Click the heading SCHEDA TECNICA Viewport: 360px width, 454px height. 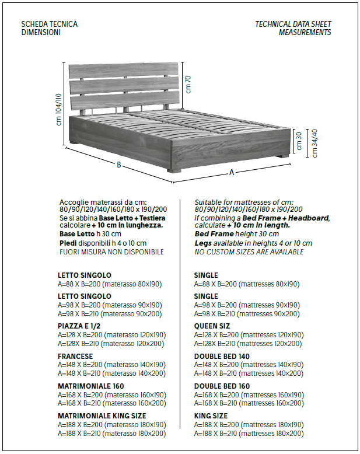[49, 24]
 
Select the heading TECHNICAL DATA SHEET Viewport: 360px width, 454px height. [293, 24]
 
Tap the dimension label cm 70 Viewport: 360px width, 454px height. [188, 84]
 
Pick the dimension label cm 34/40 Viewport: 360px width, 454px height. [315, 142]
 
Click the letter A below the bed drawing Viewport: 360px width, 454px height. [232, 172]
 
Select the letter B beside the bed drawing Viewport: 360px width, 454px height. [119, 165]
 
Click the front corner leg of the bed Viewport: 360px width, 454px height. [173, 170]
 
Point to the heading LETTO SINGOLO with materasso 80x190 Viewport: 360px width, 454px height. [84, 275]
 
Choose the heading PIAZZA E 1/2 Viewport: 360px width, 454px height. [82, 326]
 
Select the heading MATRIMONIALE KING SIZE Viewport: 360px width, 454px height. [102, 415]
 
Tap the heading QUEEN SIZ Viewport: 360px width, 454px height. [212, 326]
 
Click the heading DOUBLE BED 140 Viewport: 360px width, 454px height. [222, 355]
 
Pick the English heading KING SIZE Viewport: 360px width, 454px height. [211, 415]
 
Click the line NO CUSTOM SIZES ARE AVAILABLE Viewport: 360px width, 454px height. [249, 252]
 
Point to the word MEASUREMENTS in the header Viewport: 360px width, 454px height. [305, 33]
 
